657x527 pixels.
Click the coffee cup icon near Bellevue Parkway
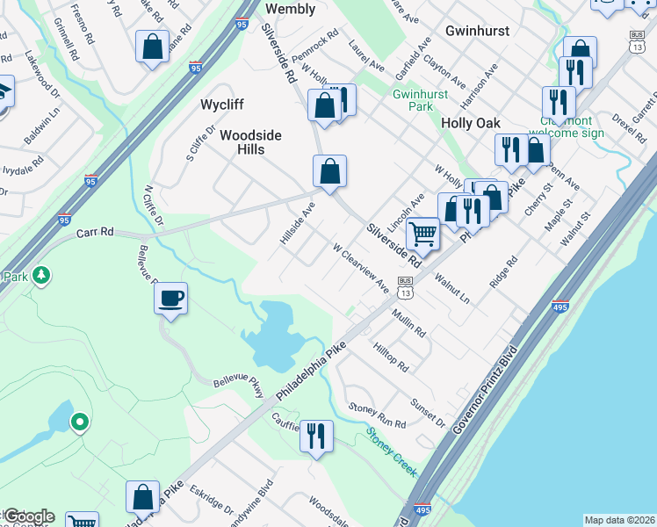(170, 298)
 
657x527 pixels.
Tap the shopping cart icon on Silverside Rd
(423, 234)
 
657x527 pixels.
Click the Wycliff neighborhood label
(221, 105)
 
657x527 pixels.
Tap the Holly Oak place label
(471, 123)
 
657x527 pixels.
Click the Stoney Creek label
(391, 448)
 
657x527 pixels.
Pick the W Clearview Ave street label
(360, 267)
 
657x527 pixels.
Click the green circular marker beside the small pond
(79, 423)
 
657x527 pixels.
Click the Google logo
(28, 516)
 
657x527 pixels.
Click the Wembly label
(290, 9)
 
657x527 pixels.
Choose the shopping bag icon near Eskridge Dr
(142, 497)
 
